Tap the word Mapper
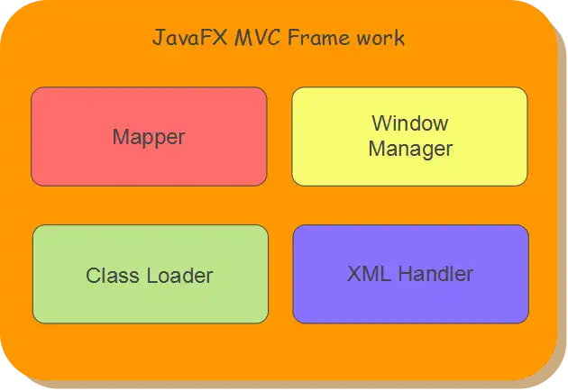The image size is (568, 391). point(149,138)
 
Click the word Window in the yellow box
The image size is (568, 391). point(410,123)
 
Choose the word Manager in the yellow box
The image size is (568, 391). point(410,148)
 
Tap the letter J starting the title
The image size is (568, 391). point(158,39)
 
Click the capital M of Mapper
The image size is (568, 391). point(121,138)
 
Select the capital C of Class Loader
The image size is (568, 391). point(93,275)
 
